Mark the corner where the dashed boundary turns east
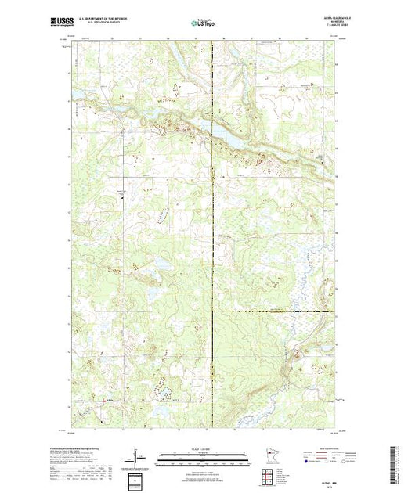pos(213,311)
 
